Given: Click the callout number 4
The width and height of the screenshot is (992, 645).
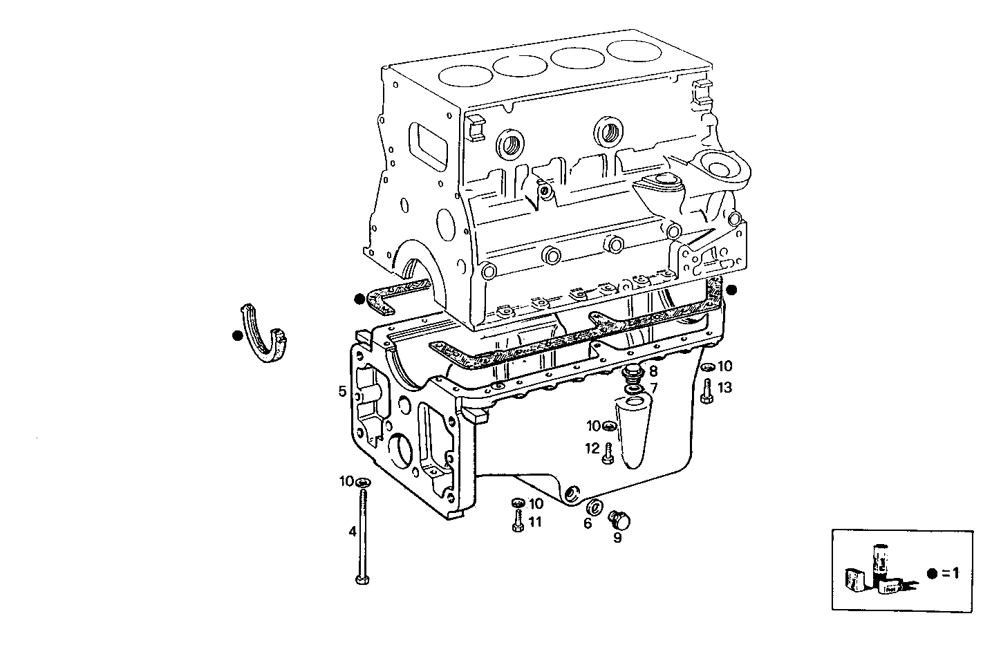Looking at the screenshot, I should click(x=353, y=532).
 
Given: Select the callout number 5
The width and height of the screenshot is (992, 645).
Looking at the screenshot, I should click(x=342, y=392).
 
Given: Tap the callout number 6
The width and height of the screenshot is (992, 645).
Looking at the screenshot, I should click(x=588, y=523).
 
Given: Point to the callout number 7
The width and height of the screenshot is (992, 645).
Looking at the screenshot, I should click(x=653, y=388).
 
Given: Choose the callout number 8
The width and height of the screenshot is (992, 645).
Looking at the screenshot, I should click(x=653, y=371).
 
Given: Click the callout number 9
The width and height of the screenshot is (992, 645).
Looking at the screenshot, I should click(x=617, y=536).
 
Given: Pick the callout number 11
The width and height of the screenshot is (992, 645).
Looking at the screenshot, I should click(x=535, y=522).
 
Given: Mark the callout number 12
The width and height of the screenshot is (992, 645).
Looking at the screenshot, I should click(x=592, y=449).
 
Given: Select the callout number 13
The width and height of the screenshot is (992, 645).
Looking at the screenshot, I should click(x=724, y=388).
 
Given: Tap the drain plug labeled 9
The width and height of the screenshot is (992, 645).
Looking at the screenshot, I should click(x=617, y=518).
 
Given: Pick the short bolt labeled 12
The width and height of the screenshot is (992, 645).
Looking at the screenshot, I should click(x=608, y=454).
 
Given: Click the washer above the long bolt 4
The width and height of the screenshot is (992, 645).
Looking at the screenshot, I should click(x=363, y=481).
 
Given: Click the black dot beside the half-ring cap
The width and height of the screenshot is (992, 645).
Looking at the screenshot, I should click(x=237, y=335).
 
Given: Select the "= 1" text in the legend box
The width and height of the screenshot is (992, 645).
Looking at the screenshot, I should click(x=952, y=573).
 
